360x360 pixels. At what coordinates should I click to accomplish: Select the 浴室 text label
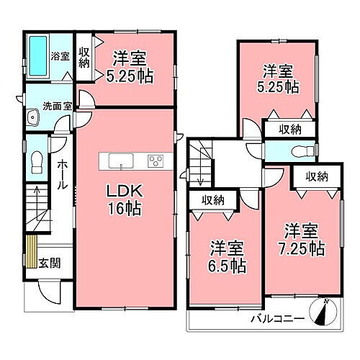click(x=60, y=55)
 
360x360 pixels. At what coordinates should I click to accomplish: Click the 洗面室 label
click(x=57, y=106)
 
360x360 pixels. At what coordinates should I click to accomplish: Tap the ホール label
click(x=63, y=174)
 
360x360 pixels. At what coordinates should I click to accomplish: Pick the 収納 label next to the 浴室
click(x=84, y=56)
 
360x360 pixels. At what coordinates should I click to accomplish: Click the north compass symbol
click(x=325, y=312)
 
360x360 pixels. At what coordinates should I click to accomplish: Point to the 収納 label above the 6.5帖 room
click(x=212, y=200)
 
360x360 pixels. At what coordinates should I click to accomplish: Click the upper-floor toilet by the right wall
click(x=305, y=150)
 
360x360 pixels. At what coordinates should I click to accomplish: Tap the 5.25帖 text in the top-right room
click(x=279, y=87)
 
